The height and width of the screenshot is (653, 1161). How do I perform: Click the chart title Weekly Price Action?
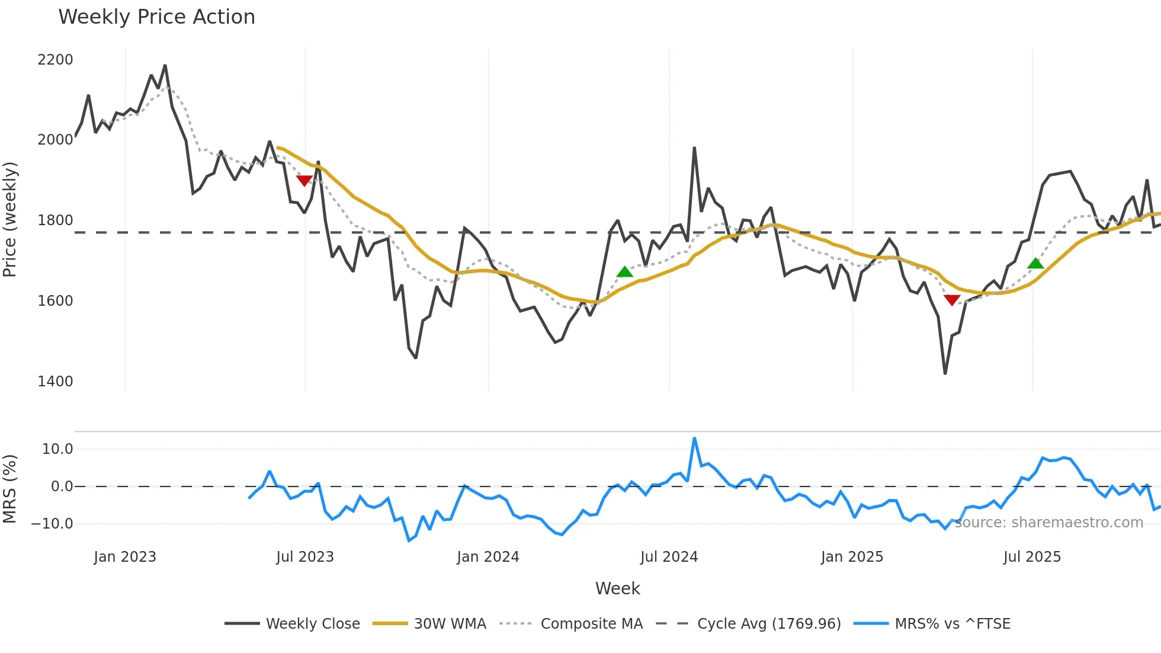point(156,17)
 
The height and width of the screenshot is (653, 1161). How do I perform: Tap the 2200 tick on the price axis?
point(55,60)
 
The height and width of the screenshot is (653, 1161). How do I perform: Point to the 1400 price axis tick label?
point(55,381)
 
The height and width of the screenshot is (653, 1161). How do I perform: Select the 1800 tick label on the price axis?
point(55,220)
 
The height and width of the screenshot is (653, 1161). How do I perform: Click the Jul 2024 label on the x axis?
point(669,557)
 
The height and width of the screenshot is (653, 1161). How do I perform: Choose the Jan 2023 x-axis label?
point(125,557)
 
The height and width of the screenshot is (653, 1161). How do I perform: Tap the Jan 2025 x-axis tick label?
point(852,557)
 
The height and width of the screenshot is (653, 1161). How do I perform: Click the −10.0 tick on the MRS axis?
point(52,524)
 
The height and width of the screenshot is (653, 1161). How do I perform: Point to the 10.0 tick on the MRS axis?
point(57,449)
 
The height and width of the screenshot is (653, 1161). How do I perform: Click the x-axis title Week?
point(617,588)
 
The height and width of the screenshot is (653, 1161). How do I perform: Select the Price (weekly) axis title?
point(10,219)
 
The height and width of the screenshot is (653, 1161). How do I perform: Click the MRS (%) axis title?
point(10,489)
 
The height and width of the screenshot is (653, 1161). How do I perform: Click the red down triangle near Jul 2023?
point(304,180)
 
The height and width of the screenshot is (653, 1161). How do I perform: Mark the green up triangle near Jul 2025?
point(1035,264)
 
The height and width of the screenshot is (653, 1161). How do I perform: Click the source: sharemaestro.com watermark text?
point(1049,523)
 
